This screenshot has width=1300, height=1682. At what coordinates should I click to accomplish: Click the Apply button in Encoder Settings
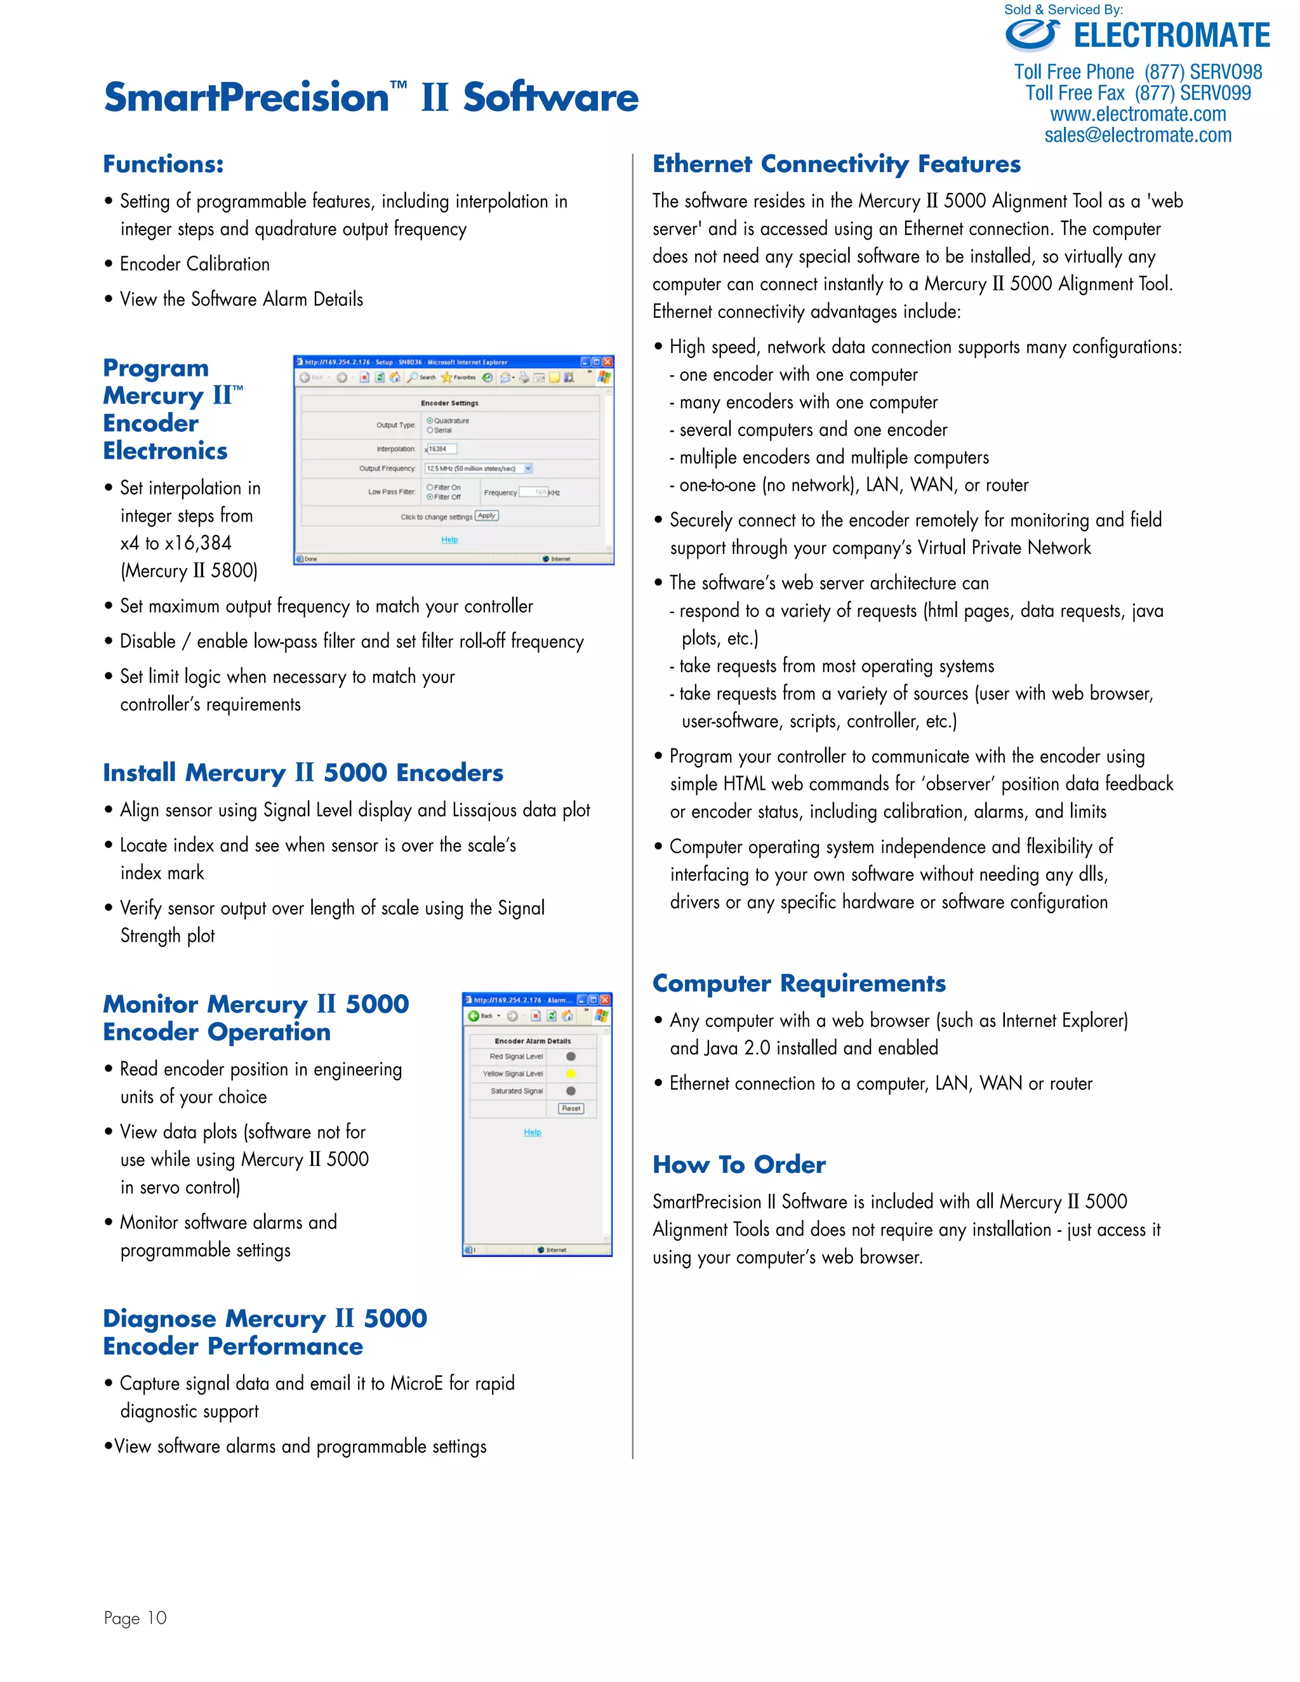[x=487, y=516]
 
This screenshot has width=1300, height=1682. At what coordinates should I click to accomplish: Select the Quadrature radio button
[x=430, y=420]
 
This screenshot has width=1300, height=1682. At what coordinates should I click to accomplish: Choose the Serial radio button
[x=430, y=430]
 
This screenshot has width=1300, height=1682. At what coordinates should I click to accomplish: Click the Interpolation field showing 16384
[x=441, y=449]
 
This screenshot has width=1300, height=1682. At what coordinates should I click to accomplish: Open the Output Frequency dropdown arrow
[x=528, y=468]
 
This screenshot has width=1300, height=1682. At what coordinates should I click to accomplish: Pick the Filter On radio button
[x=430, y=487]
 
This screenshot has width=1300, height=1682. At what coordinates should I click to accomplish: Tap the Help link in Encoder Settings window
[x=450, y=540]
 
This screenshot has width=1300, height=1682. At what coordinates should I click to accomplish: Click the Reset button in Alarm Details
[x=571, y=1108]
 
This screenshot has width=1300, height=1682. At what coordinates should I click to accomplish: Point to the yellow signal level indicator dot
[x=571, y=1073]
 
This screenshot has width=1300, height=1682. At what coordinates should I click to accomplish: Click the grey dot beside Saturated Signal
[x=571, y=1091]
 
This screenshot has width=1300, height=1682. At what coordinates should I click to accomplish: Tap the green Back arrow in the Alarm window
[x=474, y=1016]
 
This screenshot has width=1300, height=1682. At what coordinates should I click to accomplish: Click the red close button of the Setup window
[x=607, y=362]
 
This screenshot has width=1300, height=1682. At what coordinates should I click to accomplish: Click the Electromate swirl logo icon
[x=1032, y=35]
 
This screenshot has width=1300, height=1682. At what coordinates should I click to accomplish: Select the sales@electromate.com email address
[x=1137, y=136]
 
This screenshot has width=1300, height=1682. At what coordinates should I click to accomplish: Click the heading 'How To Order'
[x=739, y=1165]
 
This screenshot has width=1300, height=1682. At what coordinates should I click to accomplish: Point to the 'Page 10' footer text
[x=136, y=1618]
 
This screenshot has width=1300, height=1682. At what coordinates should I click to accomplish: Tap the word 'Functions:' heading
[x=163, y=164]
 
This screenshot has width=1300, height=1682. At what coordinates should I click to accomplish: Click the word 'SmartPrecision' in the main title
[x=246, y=98]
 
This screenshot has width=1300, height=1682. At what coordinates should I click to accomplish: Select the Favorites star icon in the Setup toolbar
[x=447, y=378]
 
